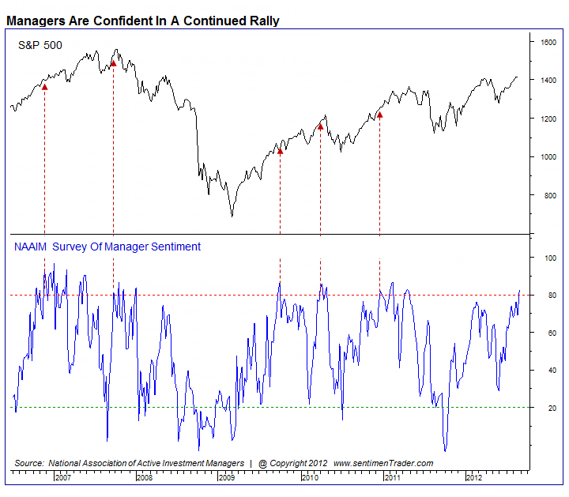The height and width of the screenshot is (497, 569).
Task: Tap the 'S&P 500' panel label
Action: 40,47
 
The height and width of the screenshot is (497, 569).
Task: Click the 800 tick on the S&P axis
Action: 548,195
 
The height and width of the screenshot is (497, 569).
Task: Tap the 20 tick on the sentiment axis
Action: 545,408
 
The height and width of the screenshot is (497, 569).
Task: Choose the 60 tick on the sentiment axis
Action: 545,333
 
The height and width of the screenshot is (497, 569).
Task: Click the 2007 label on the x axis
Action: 63,477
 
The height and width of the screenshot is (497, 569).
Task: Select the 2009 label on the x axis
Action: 228,477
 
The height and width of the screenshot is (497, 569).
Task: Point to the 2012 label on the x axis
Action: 473,477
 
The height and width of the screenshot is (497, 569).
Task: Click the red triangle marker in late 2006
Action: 44,87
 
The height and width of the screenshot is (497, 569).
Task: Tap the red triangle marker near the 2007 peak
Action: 113,63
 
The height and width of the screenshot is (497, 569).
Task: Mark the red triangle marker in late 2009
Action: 280,150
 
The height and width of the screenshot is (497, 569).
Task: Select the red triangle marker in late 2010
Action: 379,115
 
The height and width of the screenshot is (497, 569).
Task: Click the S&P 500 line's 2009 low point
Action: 232,216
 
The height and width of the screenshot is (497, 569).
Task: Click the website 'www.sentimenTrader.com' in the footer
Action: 383,462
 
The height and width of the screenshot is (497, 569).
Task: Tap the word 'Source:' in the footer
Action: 28,462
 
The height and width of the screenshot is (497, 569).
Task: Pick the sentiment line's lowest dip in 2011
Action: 446,450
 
